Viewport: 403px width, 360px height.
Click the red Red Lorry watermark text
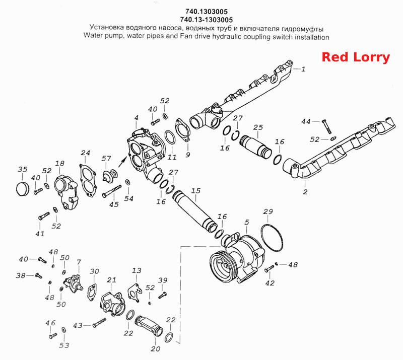(356, 57)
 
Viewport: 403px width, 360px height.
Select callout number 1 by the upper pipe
(304, 69)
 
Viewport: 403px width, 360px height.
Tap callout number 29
(268, 211)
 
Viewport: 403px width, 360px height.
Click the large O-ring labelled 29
(272, 238)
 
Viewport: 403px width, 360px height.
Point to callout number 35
(22, 169)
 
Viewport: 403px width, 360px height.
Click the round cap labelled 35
(22, 189)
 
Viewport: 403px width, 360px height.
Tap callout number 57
(106, 159)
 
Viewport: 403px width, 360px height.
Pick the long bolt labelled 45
(112, 191)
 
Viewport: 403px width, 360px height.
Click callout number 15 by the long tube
(195, 191)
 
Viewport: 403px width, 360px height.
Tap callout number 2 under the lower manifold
(305, 192)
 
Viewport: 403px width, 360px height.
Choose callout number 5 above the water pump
(247, 222)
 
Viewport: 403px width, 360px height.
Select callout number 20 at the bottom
(156, 349)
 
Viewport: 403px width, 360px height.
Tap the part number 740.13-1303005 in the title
(207, 20)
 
